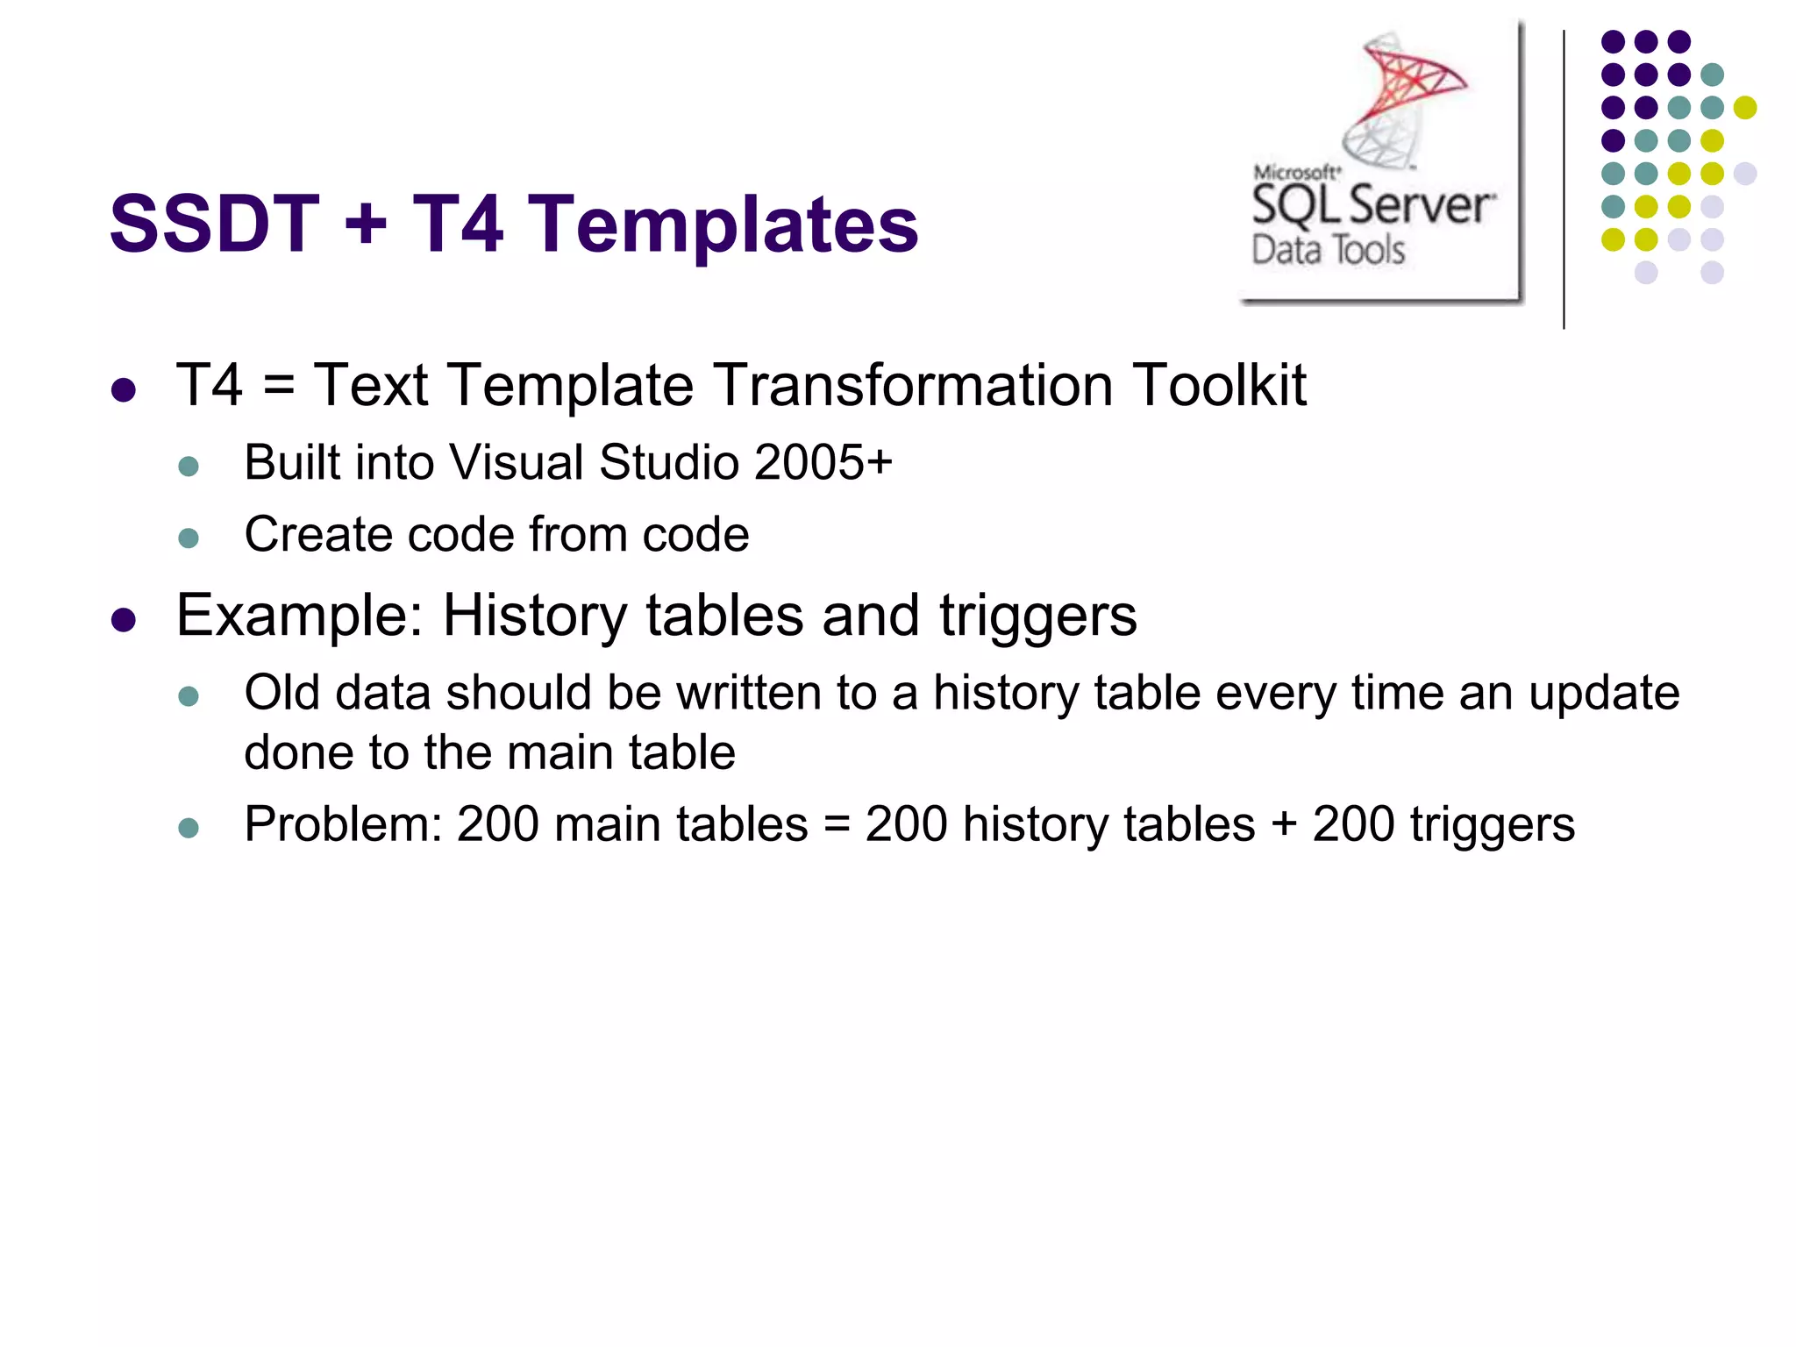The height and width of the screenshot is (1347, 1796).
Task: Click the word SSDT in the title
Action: coord(214,224)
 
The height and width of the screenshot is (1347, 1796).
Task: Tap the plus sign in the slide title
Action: coord(366,224)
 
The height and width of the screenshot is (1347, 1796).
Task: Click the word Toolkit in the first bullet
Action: coord(1219,385)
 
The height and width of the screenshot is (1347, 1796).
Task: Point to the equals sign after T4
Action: coord(279,386)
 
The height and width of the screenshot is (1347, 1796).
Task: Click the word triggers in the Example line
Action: coord(1038,616)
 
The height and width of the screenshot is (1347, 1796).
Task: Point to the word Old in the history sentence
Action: coord(282,693)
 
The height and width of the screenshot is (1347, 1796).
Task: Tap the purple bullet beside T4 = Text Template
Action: coord(124,390)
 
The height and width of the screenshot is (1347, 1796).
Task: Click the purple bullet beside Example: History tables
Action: coord(124,620)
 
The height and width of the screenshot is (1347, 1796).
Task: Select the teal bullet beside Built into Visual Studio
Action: coord(189,466)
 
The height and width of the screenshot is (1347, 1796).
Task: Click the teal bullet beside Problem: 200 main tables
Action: coord(189,828)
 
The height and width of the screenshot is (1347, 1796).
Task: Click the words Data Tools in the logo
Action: coord(1328,251)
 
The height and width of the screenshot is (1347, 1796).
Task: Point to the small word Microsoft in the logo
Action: coord(1296,173)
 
